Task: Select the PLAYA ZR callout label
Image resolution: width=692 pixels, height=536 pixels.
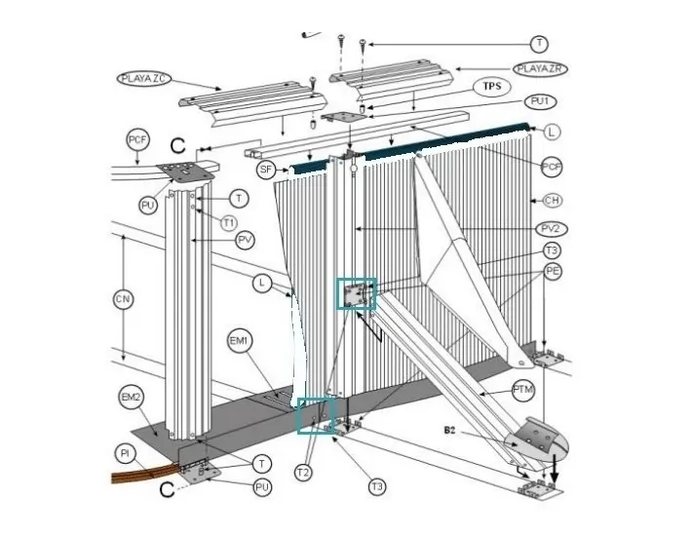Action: (541, 68)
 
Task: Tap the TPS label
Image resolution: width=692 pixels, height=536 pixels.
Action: (493, 86)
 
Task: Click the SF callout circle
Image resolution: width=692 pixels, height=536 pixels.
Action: (265, 170)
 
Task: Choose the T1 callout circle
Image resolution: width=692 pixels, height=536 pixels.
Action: (228, 222)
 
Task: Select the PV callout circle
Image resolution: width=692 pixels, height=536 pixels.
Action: (246, 239)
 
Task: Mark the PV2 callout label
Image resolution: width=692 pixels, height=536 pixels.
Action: (553, 229)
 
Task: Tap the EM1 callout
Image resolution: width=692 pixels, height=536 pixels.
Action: (240, 340)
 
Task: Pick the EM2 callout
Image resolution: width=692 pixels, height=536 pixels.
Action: (132, 397)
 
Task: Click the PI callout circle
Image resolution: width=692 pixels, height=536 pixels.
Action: (125, 454)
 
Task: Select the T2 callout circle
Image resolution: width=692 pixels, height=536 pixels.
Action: (303, 473)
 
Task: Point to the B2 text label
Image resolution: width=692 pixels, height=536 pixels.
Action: (450, 430)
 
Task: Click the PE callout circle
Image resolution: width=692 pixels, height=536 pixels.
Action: (553, 270)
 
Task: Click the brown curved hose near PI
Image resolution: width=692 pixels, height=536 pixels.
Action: (141, 478)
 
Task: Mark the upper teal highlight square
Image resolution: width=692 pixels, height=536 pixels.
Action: (356, 294)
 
